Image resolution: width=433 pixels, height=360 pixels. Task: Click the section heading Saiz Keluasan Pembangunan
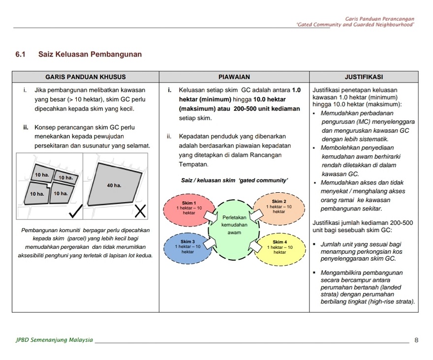click(90, 54)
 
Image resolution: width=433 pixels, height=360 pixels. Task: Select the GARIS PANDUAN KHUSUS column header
click(85, 77)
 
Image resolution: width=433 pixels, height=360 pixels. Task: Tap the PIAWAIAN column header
click(234, 77)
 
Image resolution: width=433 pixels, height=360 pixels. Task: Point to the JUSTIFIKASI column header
click(364, 77)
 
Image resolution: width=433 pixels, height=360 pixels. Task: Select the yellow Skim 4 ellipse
click(279, 247)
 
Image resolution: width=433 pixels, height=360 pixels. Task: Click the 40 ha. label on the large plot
click(114, 185)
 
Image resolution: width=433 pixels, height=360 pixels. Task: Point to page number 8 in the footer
click(416, 340)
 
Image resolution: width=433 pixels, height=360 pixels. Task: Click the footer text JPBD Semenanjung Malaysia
click(54, 340)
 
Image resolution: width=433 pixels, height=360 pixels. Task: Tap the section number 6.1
click(21, 54)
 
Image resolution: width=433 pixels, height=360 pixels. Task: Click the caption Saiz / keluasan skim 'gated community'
click(234, 180)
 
